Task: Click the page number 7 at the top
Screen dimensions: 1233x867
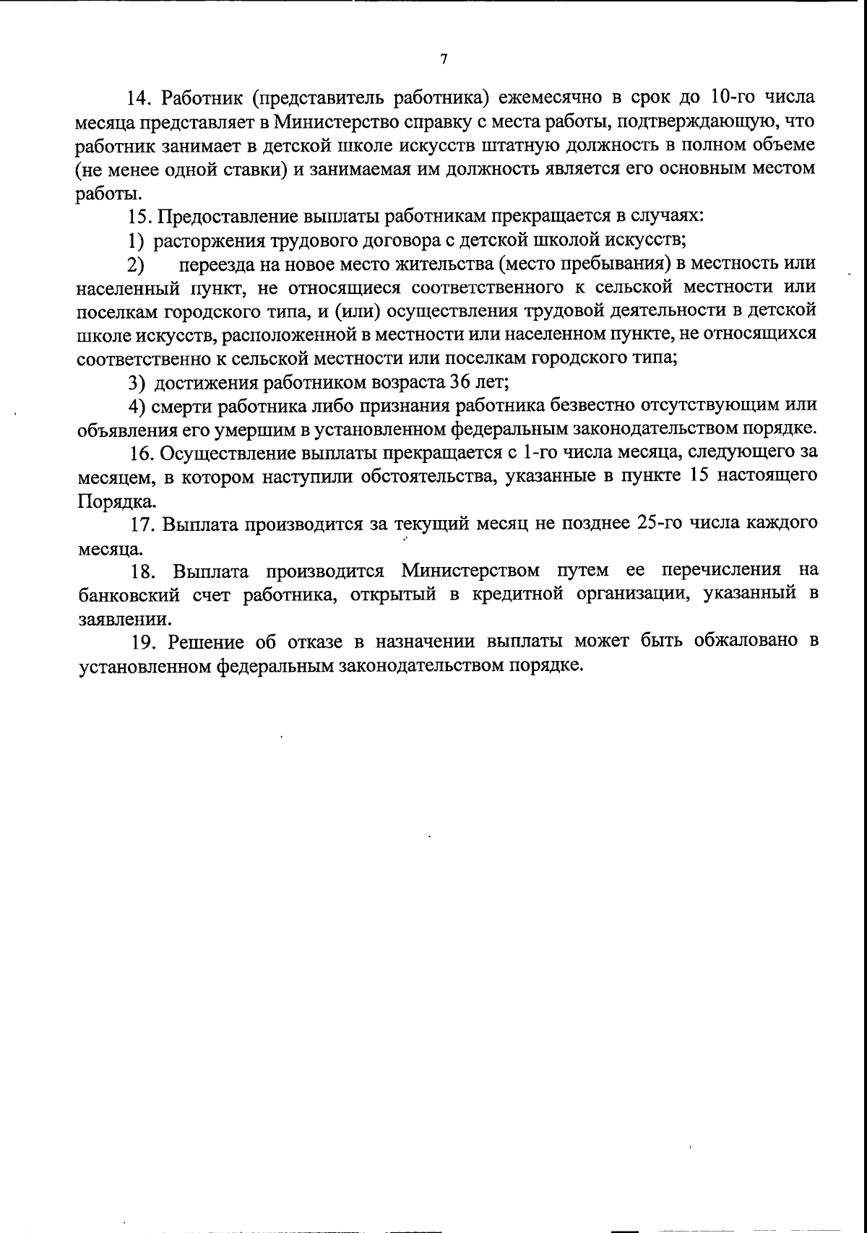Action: tap(444, 60)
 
